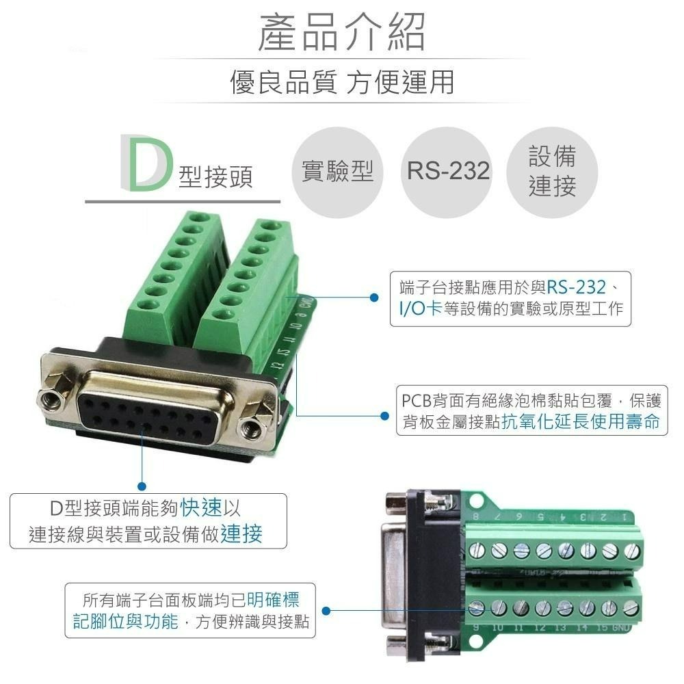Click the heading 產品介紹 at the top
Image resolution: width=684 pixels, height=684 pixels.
tap(341, 32)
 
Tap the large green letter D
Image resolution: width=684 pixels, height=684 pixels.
tap(144, 163)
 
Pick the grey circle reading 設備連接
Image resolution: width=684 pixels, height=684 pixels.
tap(553, 170)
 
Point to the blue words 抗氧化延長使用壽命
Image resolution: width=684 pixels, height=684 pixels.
tap(581, 421)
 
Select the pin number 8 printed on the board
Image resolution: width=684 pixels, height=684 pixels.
tap(476, 516)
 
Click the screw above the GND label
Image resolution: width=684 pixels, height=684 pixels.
tap(631, 607)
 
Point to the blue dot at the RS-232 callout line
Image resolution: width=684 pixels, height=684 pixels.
tap(374, 298)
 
